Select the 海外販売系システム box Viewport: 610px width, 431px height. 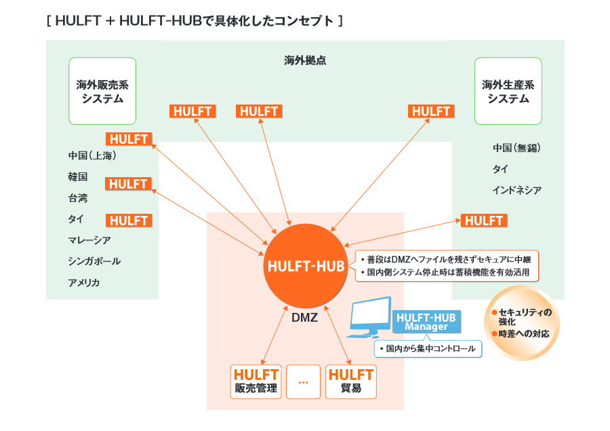click(x=102, y=91)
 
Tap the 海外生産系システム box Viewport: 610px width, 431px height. click(x=508, y=91)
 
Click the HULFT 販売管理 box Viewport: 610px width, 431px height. click(x=256, y=381)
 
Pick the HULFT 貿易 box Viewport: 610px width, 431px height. click(x=350, y=381)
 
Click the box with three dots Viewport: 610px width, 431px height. click(x=303, y=381)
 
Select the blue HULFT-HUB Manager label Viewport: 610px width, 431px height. click(x=426, y=322)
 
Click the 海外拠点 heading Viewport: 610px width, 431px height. click(x=305, y=60)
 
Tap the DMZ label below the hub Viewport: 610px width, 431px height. click(x=304, y=316)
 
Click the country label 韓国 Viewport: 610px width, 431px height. click(x=78, y=176)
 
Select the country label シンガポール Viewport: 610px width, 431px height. click(x=94, y=261)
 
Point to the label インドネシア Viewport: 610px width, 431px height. click(x=516, y=190)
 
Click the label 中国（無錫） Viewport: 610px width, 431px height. click(x=516, y=147)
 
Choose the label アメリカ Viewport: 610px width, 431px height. click(x=84, y=282)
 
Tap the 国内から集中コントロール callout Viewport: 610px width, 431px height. click(x=428, y=349)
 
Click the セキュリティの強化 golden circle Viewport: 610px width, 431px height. click(x=523, y=323)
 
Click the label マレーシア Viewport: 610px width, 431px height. click(x=89, y=240)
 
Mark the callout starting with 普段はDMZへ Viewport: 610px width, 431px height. click(x=447, y=265)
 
